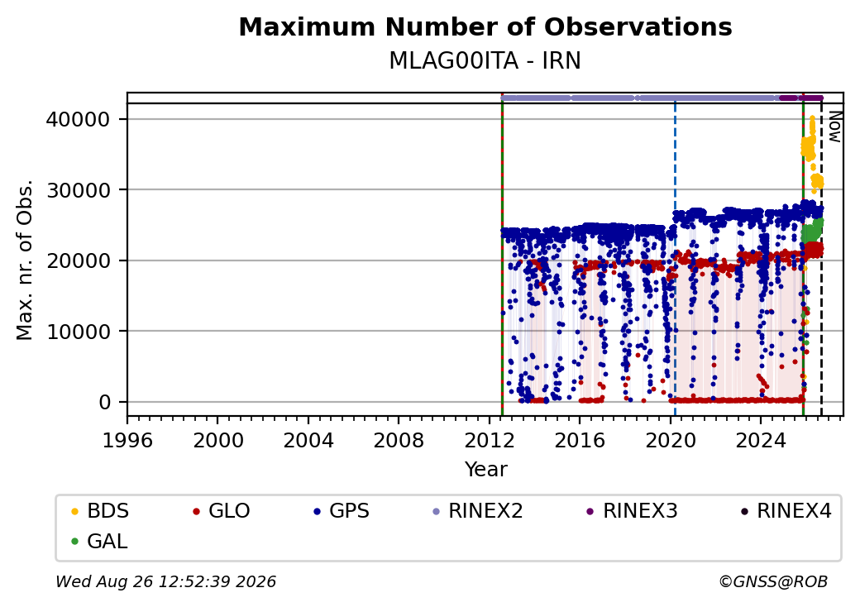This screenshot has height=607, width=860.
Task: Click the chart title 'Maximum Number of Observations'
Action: [x=485, y=26]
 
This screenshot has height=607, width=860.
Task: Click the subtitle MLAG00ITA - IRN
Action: [x=485, y=61]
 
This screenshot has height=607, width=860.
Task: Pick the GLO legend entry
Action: [x=222, y=511]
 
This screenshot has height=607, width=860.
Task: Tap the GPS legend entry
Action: [x=342, y=511]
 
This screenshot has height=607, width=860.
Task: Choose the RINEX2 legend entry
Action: [x=478, y=511]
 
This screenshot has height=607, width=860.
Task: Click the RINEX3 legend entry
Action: [x=633, y=511]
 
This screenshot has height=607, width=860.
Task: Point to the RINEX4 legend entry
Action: [x=786, y=511]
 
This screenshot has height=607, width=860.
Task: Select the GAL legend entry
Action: [x=100, y=541]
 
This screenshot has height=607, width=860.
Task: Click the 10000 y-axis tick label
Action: [x=79, y=332]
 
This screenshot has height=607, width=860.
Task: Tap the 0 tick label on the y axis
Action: [x=105, y=403]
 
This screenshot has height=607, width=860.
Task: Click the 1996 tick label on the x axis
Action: [x=127, y=440]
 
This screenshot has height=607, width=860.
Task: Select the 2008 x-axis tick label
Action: [x=399, y=440]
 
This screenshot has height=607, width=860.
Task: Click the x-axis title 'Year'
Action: [x=486, y=470]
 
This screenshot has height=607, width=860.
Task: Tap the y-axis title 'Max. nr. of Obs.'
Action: [x=25, y=260]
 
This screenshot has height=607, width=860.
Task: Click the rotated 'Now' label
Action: [x=834, y=127]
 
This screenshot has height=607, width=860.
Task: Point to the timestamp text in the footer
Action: [x=166, y=581]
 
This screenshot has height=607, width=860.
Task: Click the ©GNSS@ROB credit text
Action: [x=773, y=581]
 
